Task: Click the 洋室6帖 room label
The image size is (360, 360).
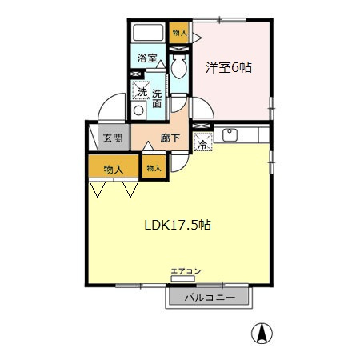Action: [229, 68]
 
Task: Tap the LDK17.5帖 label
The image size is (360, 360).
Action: [178, 226]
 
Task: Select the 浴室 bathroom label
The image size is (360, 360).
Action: [147, 58]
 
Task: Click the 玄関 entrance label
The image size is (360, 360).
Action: [113, 138]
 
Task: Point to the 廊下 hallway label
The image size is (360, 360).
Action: [170, 138]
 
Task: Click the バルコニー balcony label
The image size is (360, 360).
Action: [210, 298]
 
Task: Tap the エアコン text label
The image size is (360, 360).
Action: [186, 271]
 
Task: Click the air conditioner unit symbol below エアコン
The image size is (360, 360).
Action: [182, 278]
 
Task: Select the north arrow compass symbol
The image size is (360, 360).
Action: [262, 333]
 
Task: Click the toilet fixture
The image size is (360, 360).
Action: [179, 66]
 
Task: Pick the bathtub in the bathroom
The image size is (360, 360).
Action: [148, 33]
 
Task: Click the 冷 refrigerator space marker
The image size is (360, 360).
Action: [203, 142]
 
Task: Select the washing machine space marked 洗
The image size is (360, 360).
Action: [141, 90]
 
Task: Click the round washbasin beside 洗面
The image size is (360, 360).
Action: [138, 110]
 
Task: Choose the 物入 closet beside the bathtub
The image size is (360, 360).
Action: [179, 33]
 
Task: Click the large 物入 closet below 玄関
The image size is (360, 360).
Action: [114, 166]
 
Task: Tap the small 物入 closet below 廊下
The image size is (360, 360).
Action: [154, 167]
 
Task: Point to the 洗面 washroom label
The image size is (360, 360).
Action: [157, 98]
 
